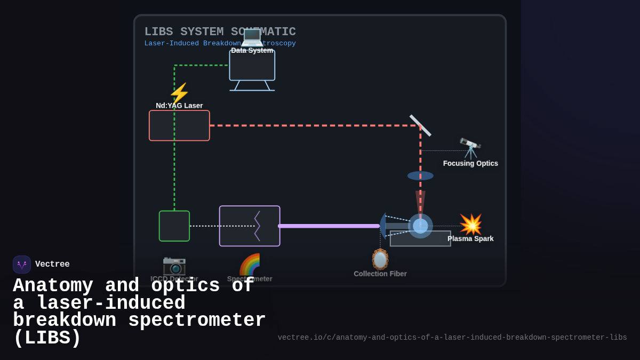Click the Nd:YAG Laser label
tap(179, 106)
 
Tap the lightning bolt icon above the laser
tap(179, 93)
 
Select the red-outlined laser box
tap(179, 126)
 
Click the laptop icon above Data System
tap(252, 37)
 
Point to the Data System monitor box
tap(252, 66)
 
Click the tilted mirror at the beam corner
tap(420, 125)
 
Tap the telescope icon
tap(470, 148)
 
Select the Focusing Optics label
tap(470, 163)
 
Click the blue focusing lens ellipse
tap(420, 175)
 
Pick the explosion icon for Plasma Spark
tap(470, 225)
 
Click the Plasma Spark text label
tap(470, 238)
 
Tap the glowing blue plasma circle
tap(420, 226)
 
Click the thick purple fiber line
tap(329, 226)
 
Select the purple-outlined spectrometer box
tap(250, 226)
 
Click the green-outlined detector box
tap(174, 226)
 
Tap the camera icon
tap(174, 265)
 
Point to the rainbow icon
tap(250, 265)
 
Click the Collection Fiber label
tap(380, 274)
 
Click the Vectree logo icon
tap(22, 265)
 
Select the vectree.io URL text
tap(452, 338)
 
